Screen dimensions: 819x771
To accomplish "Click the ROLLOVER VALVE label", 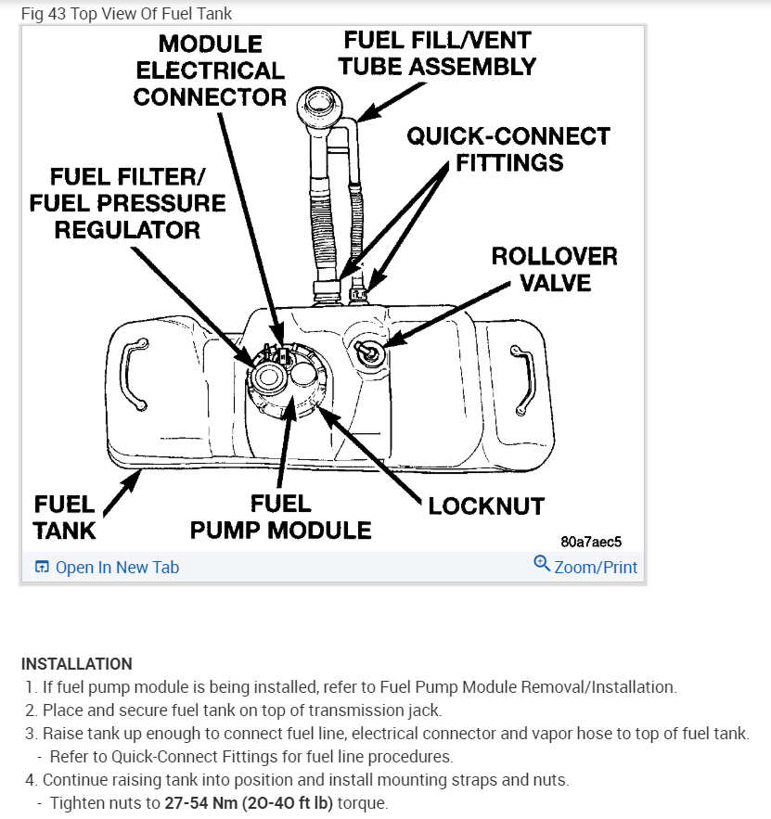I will [x=554, y=268].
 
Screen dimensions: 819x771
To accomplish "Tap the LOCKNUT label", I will [x=485, y=505].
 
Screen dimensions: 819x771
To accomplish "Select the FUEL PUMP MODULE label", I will [x=280, y=517].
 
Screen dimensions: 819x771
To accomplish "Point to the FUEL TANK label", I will [x=64, y=517].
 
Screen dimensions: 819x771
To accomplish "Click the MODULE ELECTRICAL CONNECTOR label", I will [x=210, y=70].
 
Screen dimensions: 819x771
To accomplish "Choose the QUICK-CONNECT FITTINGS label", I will [x=509, y=149].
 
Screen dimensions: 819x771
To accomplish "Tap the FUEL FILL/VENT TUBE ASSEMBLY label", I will [x=437, y=54].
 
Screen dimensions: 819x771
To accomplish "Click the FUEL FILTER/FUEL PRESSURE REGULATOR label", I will [x=127, y=203].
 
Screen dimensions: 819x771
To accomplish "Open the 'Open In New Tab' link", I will [x=117, y=567].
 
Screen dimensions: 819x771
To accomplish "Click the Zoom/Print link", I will [x=596, y=567].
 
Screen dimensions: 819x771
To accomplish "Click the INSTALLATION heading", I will [x=77, y=664].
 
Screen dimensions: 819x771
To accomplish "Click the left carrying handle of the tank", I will [x=136, y=373].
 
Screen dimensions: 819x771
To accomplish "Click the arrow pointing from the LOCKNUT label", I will [x=371, y=458].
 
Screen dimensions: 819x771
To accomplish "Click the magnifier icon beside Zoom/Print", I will [x=542, y=563].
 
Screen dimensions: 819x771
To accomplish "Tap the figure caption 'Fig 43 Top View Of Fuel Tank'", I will [x=126, y=14].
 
